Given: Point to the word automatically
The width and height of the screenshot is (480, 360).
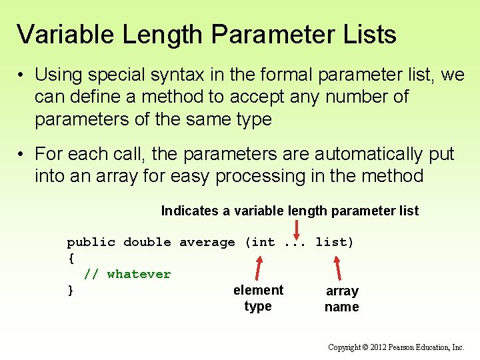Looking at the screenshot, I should pos(368,154).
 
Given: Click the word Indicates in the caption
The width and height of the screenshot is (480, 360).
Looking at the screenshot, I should pos(189,211).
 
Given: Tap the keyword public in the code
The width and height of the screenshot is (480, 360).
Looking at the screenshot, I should pos(91,242).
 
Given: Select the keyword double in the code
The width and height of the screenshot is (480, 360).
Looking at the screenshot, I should pos(147,242).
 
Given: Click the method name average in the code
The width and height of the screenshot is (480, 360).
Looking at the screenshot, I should pos(207,242).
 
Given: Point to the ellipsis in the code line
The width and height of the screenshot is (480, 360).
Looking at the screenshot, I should pos(295,242).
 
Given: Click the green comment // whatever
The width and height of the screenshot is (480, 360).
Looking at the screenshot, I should pos(127,274).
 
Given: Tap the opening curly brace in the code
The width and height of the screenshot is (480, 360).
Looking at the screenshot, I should pos(71,258).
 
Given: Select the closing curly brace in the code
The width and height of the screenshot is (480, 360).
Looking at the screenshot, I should pos(71,290).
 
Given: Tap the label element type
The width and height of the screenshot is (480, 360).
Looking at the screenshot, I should pos(258,298).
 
